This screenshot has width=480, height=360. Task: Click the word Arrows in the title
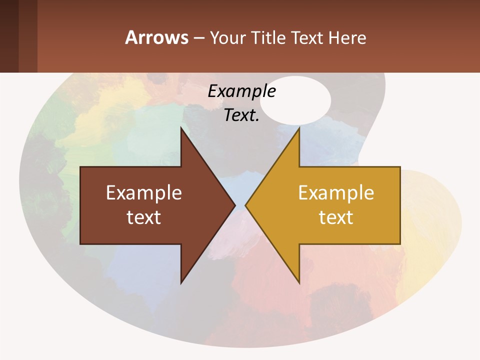pos(157,37)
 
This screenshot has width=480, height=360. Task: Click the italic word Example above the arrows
pos(241,91)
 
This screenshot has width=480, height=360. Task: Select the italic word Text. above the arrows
pos(241,115)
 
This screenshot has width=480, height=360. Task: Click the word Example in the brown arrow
pos(144,192)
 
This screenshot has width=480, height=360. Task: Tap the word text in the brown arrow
pos(144,217)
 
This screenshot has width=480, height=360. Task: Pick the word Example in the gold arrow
pos(336,192)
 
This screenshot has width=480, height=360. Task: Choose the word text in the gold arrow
pos(336,217)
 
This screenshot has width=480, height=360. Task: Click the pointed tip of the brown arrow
pos(235,205)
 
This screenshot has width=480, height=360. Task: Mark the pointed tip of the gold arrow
pos(245,205)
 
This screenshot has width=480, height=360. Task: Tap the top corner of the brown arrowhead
pos(181,128)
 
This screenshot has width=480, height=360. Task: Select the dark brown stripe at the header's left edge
pos(9,36)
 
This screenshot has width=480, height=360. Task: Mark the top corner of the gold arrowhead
pos(299,128)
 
